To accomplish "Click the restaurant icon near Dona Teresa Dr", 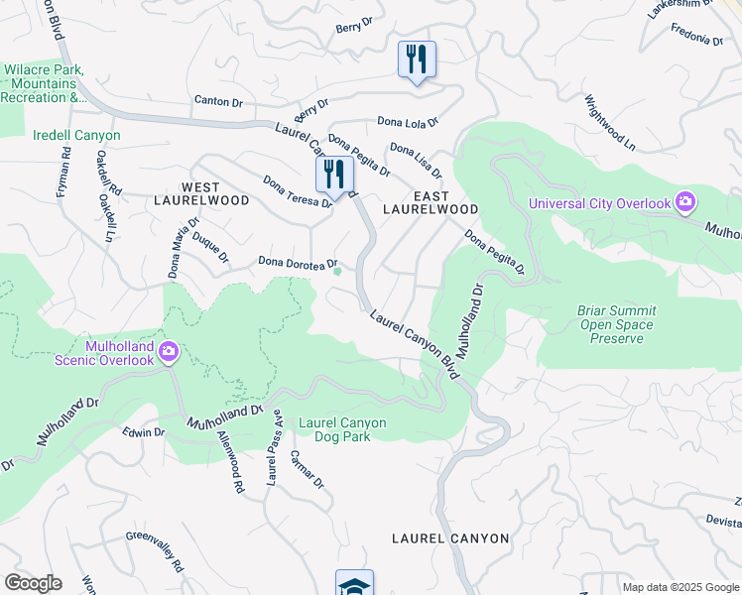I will coord(334,176).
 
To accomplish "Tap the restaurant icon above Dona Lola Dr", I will coord(417,59).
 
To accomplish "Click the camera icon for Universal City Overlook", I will coord(684,203).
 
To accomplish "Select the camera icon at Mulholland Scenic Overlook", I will coord(169,350).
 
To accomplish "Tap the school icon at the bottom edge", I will coord(354,584).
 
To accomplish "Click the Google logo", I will coord(32,583).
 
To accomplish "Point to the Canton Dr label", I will coord(218,101).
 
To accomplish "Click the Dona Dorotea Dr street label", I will coord(291,263).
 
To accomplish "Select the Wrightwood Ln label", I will coord(609,121).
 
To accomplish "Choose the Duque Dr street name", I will coord(210,248).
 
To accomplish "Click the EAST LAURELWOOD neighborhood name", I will coord(432,202).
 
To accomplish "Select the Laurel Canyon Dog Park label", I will coord(342,429).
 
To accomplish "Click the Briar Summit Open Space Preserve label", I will coord(616,324).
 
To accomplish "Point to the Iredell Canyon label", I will coord(76,135).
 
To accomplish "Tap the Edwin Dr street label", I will coord(144,432).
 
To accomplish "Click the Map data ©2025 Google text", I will coord(680,587).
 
